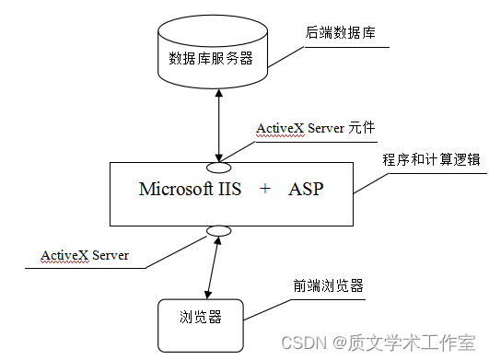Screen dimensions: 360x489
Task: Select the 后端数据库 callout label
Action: (x=339, y=33)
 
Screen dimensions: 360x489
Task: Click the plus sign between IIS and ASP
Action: (x=265, y=190)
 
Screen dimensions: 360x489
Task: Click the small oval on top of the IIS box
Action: (x=218, y=167)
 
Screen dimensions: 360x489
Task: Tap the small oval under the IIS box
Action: (x=218, y=230)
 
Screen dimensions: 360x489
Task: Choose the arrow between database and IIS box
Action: (x=218, y=125)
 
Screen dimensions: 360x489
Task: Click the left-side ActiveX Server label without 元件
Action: (x=84, y=254)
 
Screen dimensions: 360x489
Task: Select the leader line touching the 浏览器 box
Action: (x=267, y=308)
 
